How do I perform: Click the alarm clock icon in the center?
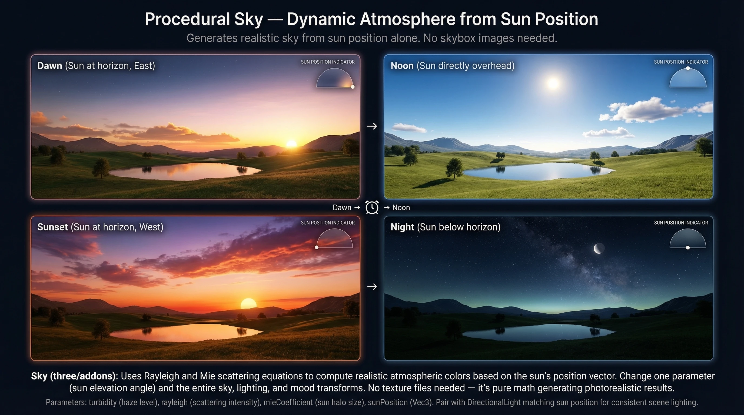click(372, 207)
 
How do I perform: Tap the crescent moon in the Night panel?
click(599, 248)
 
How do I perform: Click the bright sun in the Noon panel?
click(553, 83)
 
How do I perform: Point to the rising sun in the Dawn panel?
click(291, 143)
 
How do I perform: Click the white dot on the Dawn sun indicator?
click(352, 86)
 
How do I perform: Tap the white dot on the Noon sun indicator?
click(688, 68)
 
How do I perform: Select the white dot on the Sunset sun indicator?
click(317, 247)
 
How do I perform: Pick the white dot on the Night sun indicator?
click(688, 247)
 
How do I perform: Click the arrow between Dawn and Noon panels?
click(372, 126)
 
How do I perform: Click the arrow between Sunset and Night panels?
click(372, 287)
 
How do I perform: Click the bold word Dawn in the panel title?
click(50, 66)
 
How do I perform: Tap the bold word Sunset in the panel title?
click(52, 227)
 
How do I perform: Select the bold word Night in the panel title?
click(402, 227)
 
